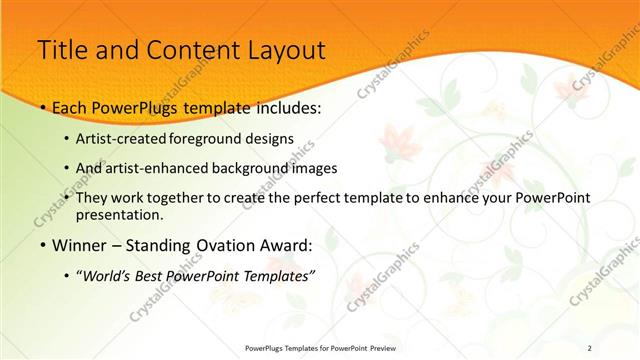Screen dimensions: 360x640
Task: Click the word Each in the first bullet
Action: [x=71, y=105]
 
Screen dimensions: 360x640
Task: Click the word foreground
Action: [x=203, y=138]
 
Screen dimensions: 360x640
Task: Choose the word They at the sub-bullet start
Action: [x=94, y=198]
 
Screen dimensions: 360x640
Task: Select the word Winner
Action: [x=83, y=245]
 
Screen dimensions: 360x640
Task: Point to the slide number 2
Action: [x=590, y=348]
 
